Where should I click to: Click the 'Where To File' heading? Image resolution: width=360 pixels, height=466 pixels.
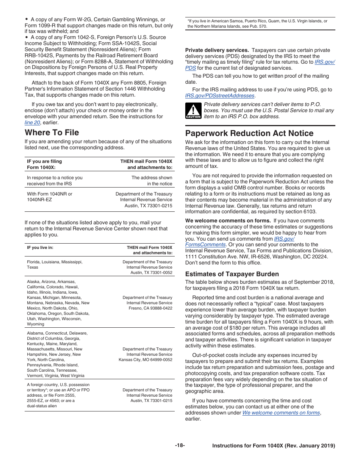click(52, 133)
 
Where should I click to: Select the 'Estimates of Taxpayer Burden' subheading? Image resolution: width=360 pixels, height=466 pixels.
click(232, 274)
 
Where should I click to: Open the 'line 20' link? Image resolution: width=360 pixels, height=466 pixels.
click(32, 123)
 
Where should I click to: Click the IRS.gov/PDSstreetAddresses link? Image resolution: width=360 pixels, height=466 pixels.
click(220, 96)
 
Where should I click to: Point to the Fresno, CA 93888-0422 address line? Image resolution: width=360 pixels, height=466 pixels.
click(150, 308)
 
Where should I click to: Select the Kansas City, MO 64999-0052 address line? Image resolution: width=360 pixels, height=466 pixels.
click(146, 360)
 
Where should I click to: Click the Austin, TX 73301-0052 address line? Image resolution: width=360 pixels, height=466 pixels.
click(151, 273)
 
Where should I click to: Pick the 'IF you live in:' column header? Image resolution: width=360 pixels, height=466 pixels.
click(40, 248)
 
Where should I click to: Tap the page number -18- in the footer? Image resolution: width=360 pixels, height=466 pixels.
click(180, 446)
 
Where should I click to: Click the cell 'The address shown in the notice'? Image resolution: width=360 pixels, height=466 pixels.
click(152, 181)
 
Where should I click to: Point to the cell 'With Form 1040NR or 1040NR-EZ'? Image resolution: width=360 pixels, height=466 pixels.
click(49, 197)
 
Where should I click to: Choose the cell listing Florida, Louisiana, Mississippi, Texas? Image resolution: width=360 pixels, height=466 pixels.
click(55, 264)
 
